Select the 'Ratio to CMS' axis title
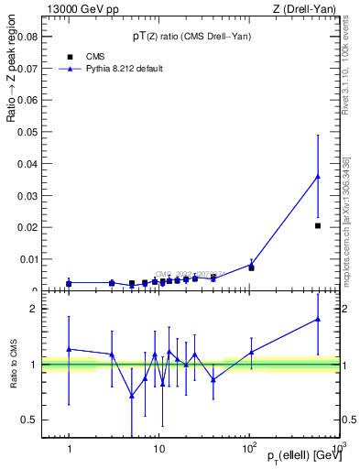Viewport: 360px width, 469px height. pyautogui.click(x=12, y=365)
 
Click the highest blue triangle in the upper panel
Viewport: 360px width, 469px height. pyautogui.click(x=318, y=177)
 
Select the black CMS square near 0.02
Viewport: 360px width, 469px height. pyautogui.click(x=318, y=225)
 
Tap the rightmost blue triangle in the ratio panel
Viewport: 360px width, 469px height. pyautogui.click(x=318, y=319)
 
